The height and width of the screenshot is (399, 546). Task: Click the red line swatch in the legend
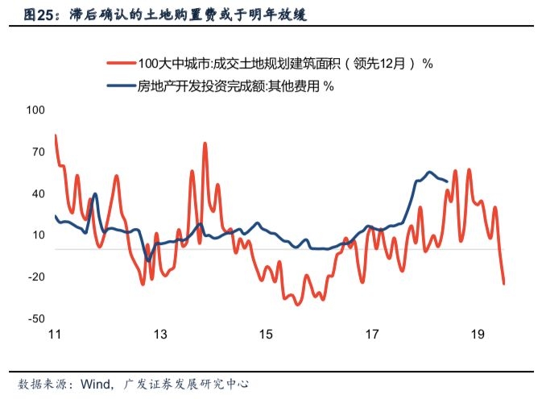pyautogui.click(x=118, y=64)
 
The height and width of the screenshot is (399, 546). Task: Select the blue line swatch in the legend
pyautogui.click(x=118, y=86)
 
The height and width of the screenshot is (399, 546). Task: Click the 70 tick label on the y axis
pyautogui.click(x=38, y=152)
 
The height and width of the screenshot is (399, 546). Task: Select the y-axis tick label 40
pyautogui.click(x=38, y=193)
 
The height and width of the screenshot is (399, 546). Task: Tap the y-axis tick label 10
pyautogui.click(x=38, y=235)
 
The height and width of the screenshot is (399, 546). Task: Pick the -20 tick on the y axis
pyautogui.click(x=36, y=277)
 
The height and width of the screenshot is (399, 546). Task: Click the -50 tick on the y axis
pyautogui.click(x=36, y=319)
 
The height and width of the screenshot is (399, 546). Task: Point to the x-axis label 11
pyautogui.click(x=56, y=335)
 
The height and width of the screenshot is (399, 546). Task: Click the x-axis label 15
pyautogui.click(x=267, y=335)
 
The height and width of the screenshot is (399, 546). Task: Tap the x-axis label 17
pyautogui.click(x=372, y=335)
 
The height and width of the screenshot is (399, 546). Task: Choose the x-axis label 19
pyautogui.click(x=478, y=335)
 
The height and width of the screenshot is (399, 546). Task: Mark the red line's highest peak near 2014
pyautogui.click(x=205, y=143)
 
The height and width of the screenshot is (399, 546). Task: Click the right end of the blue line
pyautogui.click(x=448, y=181)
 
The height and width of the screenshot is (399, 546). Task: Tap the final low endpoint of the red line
pyautogui.click(x=504, y=283)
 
